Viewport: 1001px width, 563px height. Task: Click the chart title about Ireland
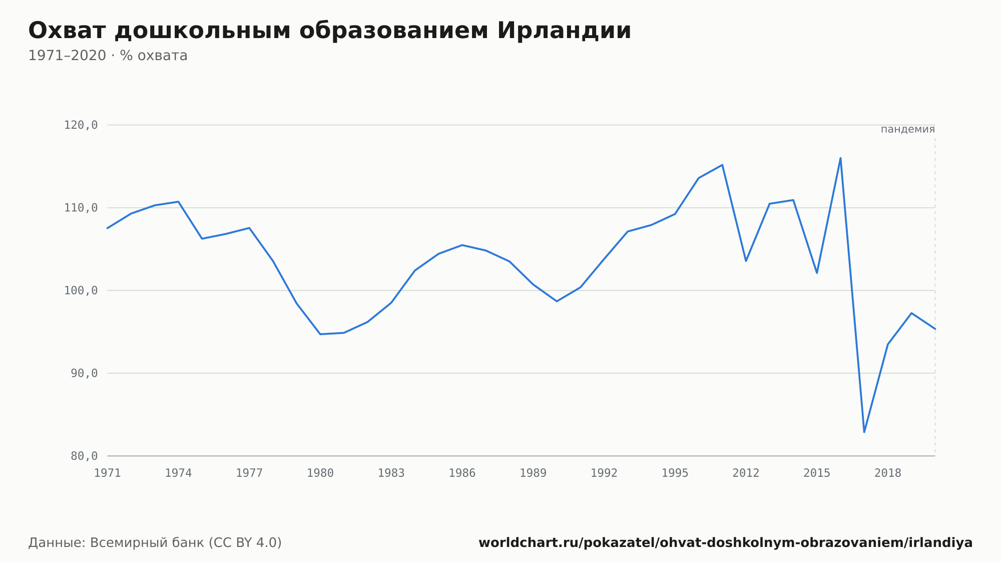(x=329, y=31)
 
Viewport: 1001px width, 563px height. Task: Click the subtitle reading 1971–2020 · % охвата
(x=108, y=56)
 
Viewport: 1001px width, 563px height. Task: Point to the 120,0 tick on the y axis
(x=81, y=125)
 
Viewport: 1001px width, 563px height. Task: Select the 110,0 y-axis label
(x=81, y=208)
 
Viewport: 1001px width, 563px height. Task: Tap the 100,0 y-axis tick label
(x=81, y=291)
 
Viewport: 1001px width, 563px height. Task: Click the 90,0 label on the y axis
(x=84, y=373)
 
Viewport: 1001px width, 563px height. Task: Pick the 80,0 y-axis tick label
(x=84, y=456)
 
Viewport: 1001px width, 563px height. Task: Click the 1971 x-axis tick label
(x=108, y=473)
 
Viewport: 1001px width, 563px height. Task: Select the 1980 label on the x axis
(x=320, y=473)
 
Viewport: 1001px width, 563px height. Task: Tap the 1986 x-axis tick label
(x=462, y=473)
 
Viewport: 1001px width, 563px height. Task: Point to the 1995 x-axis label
(x=675, y=473)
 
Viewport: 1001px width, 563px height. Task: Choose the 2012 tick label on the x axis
(x=746, y=473)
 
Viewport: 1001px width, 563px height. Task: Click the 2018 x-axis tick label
(x=888, y=473)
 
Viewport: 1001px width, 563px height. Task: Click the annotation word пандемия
(x=908, y=129)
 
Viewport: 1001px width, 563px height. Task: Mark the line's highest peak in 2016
(x=840, y=158)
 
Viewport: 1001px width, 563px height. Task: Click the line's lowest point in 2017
(x=864, y=432)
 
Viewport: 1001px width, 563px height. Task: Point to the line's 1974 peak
(x=178, y=202)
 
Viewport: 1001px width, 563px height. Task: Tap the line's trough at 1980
(x=320, y=334)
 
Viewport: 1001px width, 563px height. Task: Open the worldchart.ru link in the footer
(x=726, y=543)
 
